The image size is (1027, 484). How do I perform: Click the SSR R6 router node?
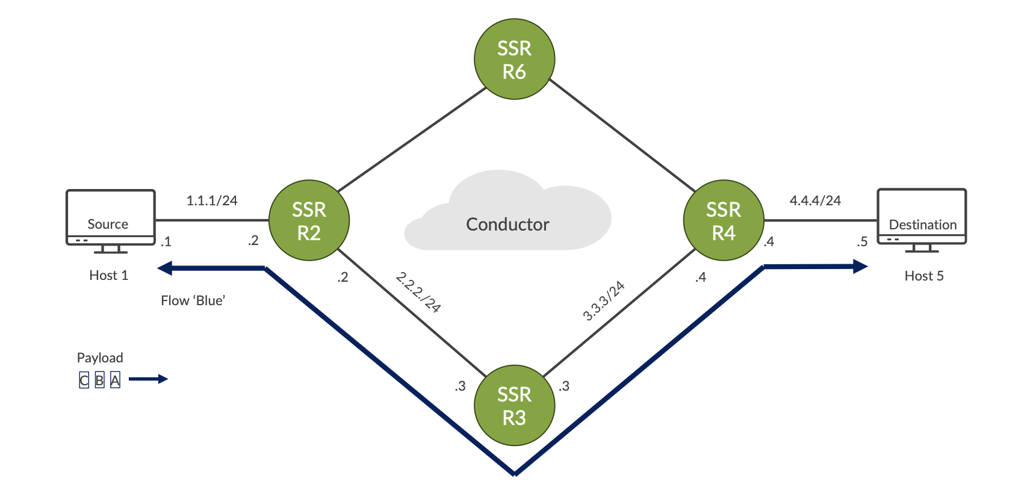pyautogui.click(x=514, y=59)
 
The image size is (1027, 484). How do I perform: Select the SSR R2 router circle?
pyautogui.click(x=309, y=220)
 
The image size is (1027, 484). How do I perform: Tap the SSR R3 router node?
pyautogui.click(x=514, y=405)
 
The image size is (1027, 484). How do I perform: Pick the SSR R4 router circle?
pyautogui.click(x=724, y=220)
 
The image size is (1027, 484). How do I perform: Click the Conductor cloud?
pyautogui.click(x=507, y=217)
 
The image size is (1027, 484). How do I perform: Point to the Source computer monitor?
pyautogui.click(x=110, y=217)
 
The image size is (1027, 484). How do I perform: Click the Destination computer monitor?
pyautogui.click(x=922, y=217)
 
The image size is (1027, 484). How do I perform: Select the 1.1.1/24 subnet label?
pyautogui.click(x=212, y=200)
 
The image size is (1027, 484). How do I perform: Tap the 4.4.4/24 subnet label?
pyautogui.click(x=815, y=200)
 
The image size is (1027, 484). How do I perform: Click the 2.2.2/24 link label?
pyautogui.click(x=418, y=293)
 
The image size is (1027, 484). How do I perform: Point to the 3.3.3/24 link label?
pyautogui.click(x=604, y=300)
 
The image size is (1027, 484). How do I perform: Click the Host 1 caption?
pyautogui.click(x=108, y=275)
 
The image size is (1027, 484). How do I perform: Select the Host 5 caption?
pyautogui.click(x=924, y=276)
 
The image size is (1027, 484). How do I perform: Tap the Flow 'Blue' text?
pyautogui.click(x=193, y=300)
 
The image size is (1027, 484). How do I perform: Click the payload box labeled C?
pyautogui.click(x=84, y=380)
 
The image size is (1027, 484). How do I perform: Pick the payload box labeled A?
pyautogui.click(x=115, y=380)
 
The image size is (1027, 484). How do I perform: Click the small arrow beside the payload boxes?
pyautogui.click(x=148, y=379)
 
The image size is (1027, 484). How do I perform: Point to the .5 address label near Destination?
pyautogui.click(x=862, y=241)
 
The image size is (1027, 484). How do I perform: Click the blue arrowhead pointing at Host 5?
pyautogui.click(x=860, y=266)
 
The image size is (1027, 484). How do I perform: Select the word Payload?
pyautogui.click(x=100, y=358)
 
